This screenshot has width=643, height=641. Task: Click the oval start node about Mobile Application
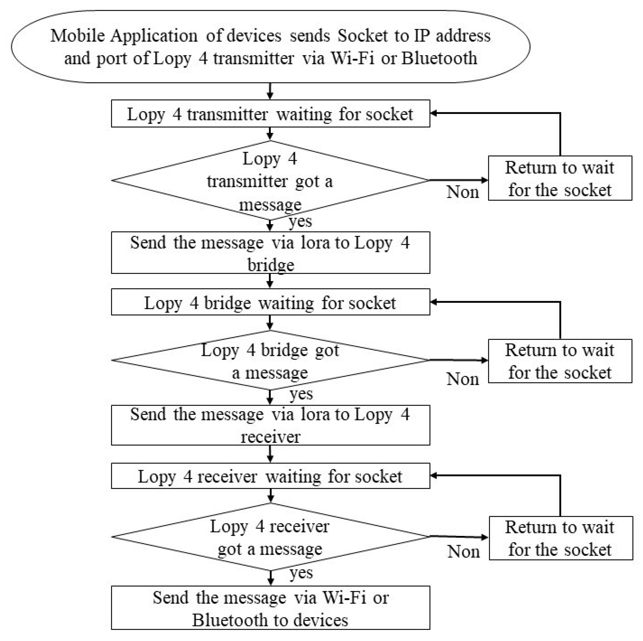click(270, 46)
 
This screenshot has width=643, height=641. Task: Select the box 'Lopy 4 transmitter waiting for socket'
click(270, 114)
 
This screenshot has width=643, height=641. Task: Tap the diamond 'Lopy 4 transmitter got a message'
click(270, 180)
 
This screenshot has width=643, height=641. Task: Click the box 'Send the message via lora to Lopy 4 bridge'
click(270, 253)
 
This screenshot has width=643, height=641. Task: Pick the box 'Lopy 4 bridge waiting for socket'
click(270, 302)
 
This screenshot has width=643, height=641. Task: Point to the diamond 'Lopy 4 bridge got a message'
click(270, 360)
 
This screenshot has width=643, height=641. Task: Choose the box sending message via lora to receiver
click(270, 425)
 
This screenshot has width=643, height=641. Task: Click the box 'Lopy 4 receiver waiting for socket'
click(270, 476)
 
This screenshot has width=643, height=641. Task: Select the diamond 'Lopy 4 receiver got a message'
click(270, 537)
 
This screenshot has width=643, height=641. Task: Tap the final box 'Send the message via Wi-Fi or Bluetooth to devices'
click(270, 608)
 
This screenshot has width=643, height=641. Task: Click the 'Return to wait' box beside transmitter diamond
click(560, 178)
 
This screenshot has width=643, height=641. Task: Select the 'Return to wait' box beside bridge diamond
click(560, 361)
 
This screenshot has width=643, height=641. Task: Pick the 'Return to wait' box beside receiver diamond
click(560, 538)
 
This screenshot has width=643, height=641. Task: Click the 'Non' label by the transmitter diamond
click(463, 192)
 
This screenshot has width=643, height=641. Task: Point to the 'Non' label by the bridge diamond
click(463, 379)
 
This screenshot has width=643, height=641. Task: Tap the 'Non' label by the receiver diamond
click(463, 552)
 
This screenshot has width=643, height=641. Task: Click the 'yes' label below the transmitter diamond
click(300, 221)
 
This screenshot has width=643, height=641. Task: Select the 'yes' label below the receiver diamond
click(301, 573)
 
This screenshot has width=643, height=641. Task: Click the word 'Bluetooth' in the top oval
click(439, 58)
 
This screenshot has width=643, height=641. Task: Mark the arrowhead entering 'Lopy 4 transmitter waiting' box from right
click(434, 113)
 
